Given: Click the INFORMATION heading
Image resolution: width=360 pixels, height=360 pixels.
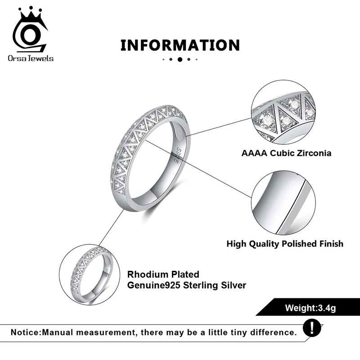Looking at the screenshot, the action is click(x=180, y=45).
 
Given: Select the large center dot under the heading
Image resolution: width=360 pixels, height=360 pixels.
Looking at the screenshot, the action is click(x=180, y=59).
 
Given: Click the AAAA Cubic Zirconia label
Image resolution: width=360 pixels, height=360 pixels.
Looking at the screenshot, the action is click(x=286, y=153).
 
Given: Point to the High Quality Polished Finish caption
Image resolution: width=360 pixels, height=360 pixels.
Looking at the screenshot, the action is click(x=285, y=244).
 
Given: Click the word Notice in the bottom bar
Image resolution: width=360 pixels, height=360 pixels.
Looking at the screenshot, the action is click(x=25, y=333).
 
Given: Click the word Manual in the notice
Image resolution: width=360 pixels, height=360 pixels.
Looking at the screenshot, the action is click(x=58, y=333).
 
